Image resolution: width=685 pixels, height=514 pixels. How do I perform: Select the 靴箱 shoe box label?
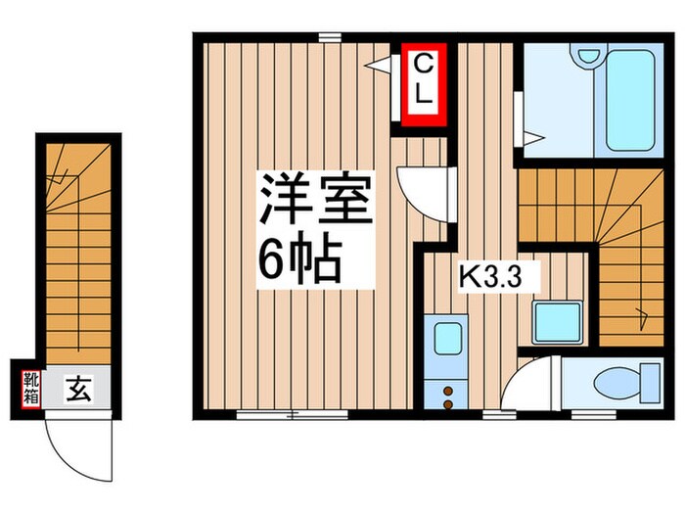30,389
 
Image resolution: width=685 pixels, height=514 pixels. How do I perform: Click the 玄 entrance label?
77,390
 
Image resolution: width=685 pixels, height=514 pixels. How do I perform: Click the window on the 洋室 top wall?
329,37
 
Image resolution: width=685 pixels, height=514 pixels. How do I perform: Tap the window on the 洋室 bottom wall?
292,414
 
